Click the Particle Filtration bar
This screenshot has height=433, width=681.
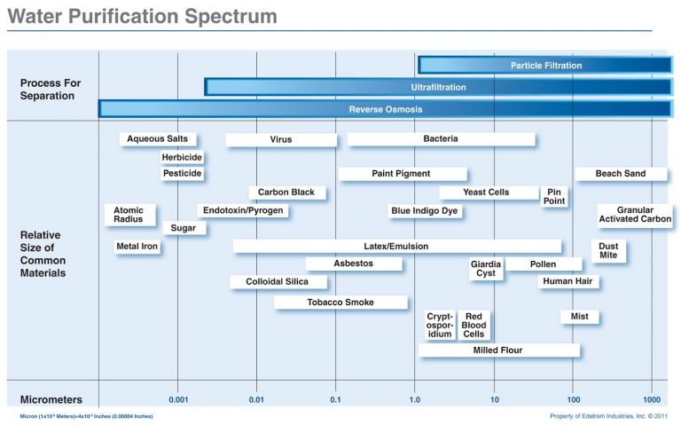point(545,65)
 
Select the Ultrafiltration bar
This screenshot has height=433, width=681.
point(438,87)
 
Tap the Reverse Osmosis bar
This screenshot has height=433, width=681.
point(385,109)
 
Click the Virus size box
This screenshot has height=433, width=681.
point(281,140)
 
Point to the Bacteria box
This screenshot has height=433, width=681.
point(441,139)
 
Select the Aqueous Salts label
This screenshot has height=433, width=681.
point(158,139)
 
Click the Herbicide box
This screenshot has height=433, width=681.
point(182,158)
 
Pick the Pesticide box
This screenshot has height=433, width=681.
point(182,174)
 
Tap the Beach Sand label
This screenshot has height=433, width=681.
point(621,174)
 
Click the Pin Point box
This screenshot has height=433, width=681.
point(554,197)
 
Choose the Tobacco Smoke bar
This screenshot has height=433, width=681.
point(340,303)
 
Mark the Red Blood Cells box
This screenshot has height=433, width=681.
point(474,325)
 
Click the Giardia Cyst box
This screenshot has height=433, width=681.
point(486,269)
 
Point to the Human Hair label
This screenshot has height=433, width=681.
point(568,282)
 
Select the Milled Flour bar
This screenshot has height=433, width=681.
point(498,350)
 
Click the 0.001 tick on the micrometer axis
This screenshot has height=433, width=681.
point(178,400)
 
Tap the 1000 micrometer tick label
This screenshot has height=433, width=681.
point(653,400)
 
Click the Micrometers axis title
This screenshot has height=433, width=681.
point(51,399)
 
